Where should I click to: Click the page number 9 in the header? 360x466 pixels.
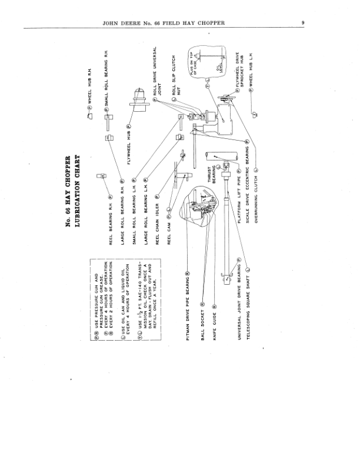point(302,24)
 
